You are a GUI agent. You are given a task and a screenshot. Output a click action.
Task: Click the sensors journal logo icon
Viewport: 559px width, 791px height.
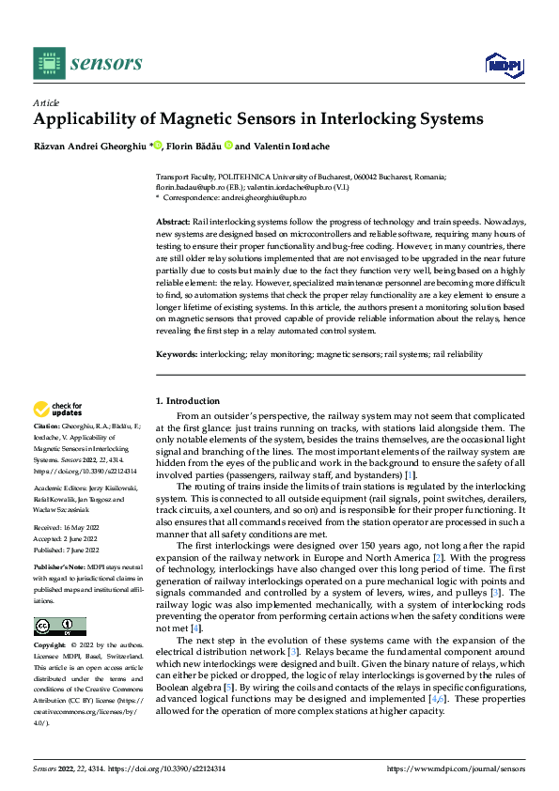point(48,63)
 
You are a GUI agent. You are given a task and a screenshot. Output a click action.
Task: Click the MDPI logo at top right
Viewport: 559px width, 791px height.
point(502,64)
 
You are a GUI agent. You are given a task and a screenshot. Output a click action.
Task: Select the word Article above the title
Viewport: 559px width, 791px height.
point(46,102)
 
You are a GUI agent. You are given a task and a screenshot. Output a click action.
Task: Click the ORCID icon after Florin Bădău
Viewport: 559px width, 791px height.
point(228,146)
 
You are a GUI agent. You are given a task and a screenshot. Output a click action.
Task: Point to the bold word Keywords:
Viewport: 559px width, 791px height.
point(176,354)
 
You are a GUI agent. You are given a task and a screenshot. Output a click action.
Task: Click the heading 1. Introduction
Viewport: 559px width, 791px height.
point(187,400)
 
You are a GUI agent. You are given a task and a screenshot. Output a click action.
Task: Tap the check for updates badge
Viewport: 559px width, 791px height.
point(57,409)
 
